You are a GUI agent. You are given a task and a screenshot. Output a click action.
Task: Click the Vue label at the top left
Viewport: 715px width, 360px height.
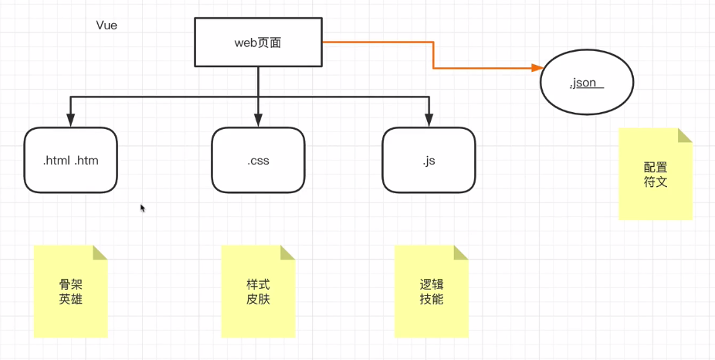click(106, 25)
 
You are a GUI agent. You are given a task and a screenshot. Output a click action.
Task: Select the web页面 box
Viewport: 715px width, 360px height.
click(257, 42)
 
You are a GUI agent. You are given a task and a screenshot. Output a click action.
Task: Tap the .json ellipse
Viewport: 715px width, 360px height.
click(587, 83)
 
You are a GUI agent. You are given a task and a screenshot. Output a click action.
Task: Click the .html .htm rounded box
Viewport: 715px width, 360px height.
click(70, 161)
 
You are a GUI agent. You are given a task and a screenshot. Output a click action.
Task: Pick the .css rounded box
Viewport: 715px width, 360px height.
click(258, 161)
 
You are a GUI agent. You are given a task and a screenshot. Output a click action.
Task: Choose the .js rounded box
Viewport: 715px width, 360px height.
click(429, 161)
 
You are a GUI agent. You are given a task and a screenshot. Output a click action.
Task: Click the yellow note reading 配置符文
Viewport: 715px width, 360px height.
click(655, 175)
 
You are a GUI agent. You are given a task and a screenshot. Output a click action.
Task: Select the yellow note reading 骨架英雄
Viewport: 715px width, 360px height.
click(70, 292)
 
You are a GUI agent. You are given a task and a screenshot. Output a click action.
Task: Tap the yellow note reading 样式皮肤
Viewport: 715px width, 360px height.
click(258, 292)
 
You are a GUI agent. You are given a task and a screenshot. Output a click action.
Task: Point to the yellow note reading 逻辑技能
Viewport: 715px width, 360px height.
click(432, 292)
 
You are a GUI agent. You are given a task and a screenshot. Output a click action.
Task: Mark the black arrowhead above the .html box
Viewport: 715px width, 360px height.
click(70, 120)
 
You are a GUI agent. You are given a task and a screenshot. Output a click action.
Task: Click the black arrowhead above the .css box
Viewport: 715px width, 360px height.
click(258, 120)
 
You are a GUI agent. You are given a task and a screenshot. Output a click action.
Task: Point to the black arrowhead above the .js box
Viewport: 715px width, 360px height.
click(429, 120)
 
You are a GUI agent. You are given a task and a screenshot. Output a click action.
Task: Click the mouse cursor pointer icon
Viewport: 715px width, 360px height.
click(143, 208)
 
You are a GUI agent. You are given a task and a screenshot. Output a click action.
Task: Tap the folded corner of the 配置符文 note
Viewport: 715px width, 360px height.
click(684, 136)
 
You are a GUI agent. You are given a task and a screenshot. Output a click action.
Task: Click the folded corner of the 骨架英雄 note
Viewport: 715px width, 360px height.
click(100, 253)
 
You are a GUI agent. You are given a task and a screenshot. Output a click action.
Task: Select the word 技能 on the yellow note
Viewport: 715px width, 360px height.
click(432, 300)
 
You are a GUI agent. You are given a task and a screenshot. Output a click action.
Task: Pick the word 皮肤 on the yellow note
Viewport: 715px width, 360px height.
click(258, 300)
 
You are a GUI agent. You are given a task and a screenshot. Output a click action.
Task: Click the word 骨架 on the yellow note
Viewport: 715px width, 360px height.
click(70, 284)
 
